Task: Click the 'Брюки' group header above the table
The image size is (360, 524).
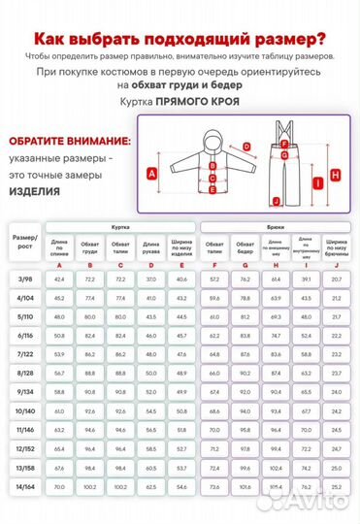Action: coord(275,225)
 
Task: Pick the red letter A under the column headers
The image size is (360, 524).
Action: coord(59,265)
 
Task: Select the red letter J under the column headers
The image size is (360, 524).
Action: coord(337,265)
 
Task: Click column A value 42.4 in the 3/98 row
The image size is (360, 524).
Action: coord(59,279)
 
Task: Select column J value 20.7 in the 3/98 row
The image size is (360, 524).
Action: coord(337,279)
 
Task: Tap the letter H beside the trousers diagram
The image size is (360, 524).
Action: coord(334,176)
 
